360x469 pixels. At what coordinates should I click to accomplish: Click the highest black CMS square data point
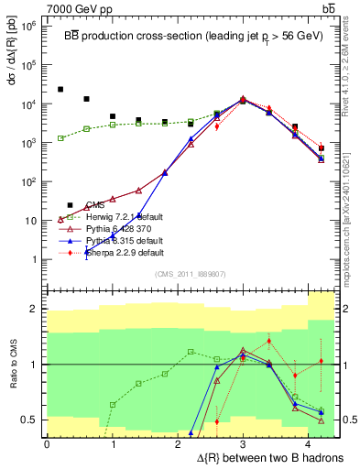click(60, 89)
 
